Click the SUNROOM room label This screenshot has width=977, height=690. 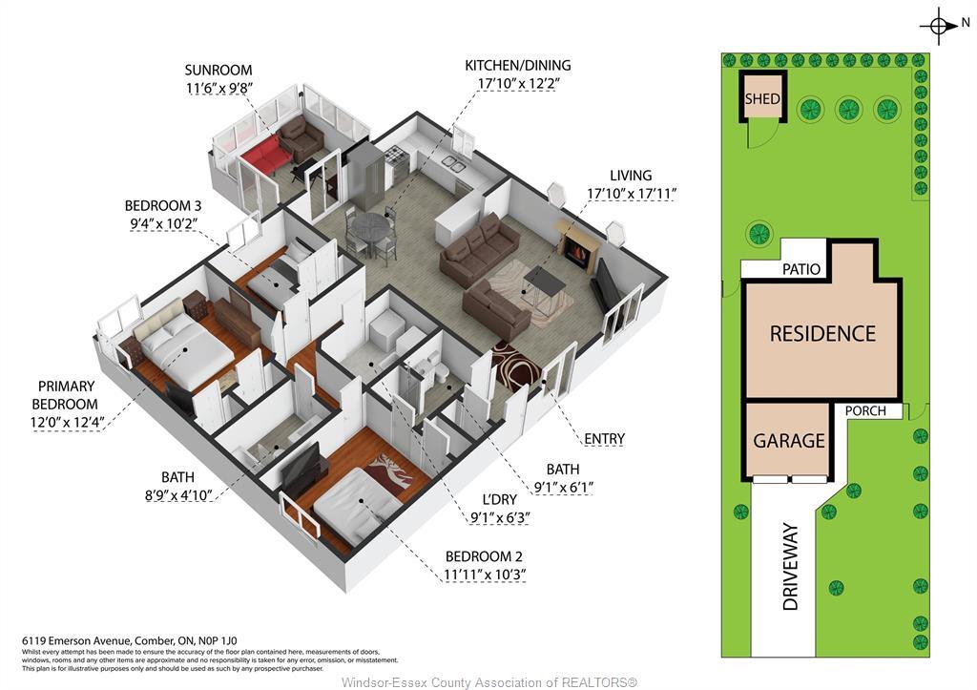coord(218,70)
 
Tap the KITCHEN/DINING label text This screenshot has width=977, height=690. coord(518,66)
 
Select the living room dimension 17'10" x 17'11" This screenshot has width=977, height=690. coord(632,194)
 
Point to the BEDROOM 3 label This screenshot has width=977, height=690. coord(163,205)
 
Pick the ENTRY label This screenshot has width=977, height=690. coord(604,439)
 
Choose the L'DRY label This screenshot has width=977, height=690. coord(499,498)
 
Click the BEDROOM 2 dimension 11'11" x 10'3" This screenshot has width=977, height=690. coord(486,575)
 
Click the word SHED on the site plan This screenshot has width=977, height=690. coord(762,99)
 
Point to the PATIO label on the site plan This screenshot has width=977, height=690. coord(801,269)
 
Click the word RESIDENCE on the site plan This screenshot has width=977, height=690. coord(822,334)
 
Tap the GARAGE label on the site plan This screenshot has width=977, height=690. coord(789,441)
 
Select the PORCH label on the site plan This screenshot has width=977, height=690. coord(865,411)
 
